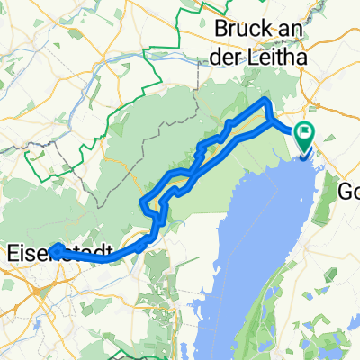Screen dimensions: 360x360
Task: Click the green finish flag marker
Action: click(x=307, y=137)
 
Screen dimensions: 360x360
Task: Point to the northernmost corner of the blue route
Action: click(x=266, y=102)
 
